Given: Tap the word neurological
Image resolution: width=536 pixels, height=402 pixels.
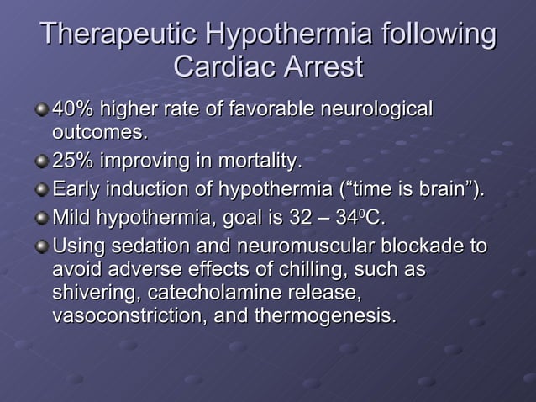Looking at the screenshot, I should (378, 109).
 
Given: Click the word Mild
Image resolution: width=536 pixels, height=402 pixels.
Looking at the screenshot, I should (72, 219).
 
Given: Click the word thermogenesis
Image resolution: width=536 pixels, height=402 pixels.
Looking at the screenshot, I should (328, 317).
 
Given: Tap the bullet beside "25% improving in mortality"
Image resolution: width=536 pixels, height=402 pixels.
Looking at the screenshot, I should (41, 161).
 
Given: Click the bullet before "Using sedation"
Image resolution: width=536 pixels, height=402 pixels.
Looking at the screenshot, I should (41, 248).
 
